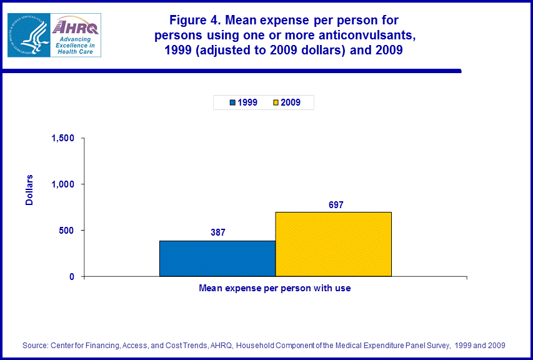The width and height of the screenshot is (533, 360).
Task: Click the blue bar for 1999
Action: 217,258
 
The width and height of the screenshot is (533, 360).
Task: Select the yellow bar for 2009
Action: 333,244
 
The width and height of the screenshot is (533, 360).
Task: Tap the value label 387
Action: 217,232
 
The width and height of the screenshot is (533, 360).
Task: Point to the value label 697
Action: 336,204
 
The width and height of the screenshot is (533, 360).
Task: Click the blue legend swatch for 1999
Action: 232,102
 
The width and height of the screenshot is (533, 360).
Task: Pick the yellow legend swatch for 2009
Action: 276,102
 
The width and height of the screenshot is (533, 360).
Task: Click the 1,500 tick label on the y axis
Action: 63,138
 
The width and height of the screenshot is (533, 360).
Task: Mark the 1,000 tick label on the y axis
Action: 63,184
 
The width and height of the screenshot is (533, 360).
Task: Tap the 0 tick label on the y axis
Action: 72,277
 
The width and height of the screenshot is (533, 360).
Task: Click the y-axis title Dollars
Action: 29,191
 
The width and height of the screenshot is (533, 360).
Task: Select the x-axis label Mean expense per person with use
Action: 274,288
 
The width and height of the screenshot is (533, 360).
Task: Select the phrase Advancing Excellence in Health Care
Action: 73,45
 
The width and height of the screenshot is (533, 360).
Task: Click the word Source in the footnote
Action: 36,345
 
